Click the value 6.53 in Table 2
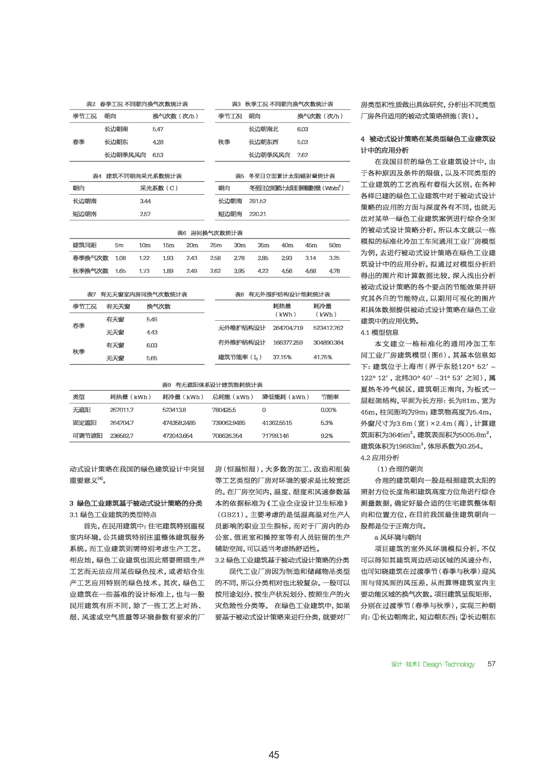pos(158,155)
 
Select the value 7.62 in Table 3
pos(302,155)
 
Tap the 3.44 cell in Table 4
pos(145,201)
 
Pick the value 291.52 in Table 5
pos(258,201)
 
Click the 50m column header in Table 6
pos(335,245)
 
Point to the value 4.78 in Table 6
pos(335,271)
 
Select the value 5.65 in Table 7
pos(152,358)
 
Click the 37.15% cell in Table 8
pos(282,357)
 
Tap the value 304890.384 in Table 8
pos(328,343)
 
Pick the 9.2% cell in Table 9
pos(327,436)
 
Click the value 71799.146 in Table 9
pos(275,436)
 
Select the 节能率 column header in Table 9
pos(330,397)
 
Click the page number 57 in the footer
pos(491,664)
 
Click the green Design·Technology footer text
pos(448,664)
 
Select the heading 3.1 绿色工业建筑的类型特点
pos(113,514)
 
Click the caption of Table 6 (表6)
pos(210,233)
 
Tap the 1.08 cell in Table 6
pos(121,258)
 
